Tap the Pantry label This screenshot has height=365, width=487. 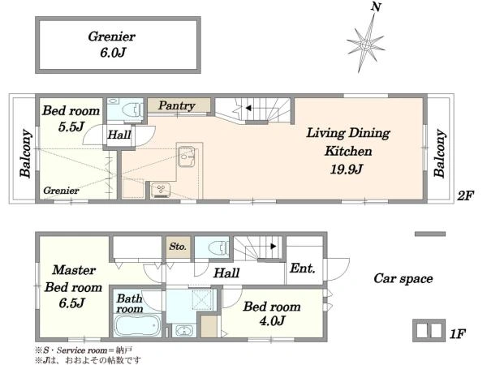[177, 105]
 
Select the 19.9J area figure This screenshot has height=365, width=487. [347, 170]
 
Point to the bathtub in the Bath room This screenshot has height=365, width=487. [137, 325]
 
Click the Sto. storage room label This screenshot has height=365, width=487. [178, 247]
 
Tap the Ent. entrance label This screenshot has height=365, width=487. [303, 268]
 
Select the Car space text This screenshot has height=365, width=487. [403, 278]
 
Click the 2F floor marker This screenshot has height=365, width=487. [465, 195]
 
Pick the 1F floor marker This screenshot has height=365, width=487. [458, 334]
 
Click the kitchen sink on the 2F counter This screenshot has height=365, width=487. [186, 155]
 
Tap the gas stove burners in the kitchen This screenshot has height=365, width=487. [161, 190]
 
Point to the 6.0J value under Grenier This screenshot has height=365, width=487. [113, 53]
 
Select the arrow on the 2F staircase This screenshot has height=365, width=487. [248, 108]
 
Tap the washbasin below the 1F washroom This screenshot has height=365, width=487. [184, 330]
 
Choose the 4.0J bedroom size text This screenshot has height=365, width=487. [272, 321]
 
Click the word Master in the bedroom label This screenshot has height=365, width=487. [74, 270]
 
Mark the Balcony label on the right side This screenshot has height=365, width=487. [439, 153]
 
